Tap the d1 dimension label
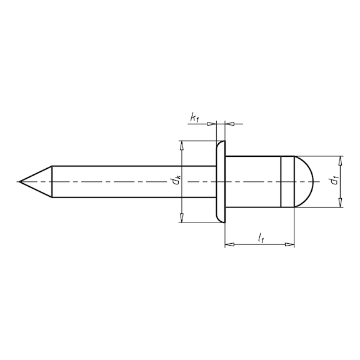[336, 181]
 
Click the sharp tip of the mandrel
[20, 182]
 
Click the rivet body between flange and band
[252, 182]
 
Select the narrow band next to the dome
[286, 182]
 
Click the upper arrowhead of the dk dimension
[182, 146]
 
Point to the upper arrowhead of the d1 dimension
[340, 160]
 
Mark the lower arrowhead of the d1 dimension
[340, 202]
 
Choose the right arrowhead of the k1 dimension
[229, 123]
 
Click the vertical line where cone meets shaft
[52, 182]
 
